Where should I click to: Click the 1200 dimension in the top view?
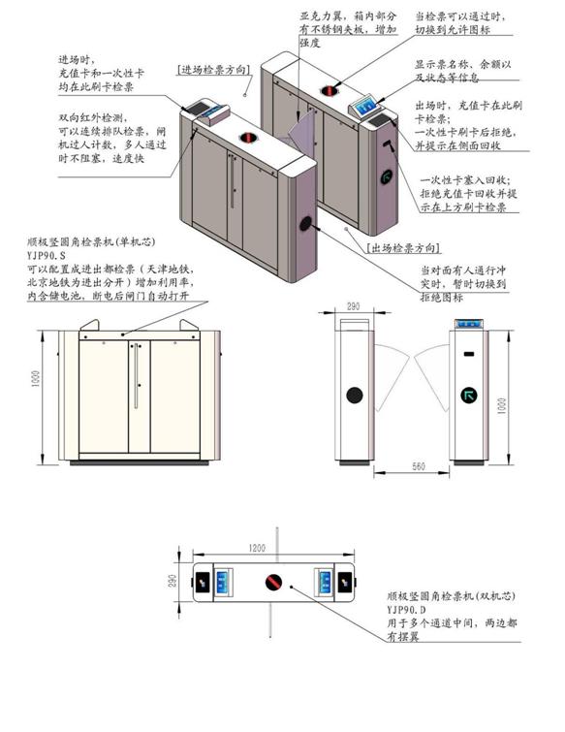click(x=256, y=548)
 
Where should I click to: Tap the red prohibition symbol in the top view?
click(x=273, y=582)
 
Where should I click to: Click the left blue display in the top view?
click(x=222, y=582)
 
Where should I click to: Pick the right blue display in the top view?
click(x=322, y=582)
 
